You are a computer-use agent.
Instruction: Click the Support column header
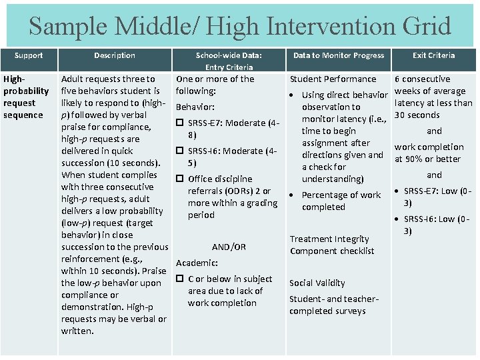(28, 55)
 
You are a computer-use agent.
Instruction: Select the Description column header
(114, 55)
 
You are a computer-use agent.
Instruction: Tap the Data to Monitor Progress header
(339, 55)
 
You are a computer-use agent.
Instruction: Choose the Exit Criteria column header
(433, 55)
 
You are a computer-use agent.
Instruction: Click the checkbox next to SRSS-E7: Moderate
(180, 123)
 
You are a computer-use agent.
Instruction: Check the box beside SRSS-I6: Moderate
(180, 151)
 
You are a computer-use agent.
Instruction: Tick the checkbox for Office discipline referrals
(180, 179)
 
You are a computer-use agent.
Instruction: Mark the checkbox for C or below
(180, 279)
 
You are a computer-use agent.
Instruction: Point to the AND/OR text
(229, 247)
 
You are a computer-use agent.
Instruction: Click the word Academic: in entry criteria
(197, 263)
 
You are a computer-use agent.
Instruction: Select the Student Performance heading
(333, 79)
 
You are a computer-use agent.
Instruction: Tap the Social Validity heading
(317, 283)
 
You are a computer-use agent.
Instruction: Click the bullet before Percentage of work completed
(293, 195)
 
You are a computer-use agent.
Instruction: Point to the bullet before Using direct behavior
(293, 95)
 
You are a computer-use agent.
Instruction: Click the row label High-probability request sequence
(27, 97)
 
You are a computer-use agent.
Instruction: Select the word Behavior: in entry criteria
(195, 107)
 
